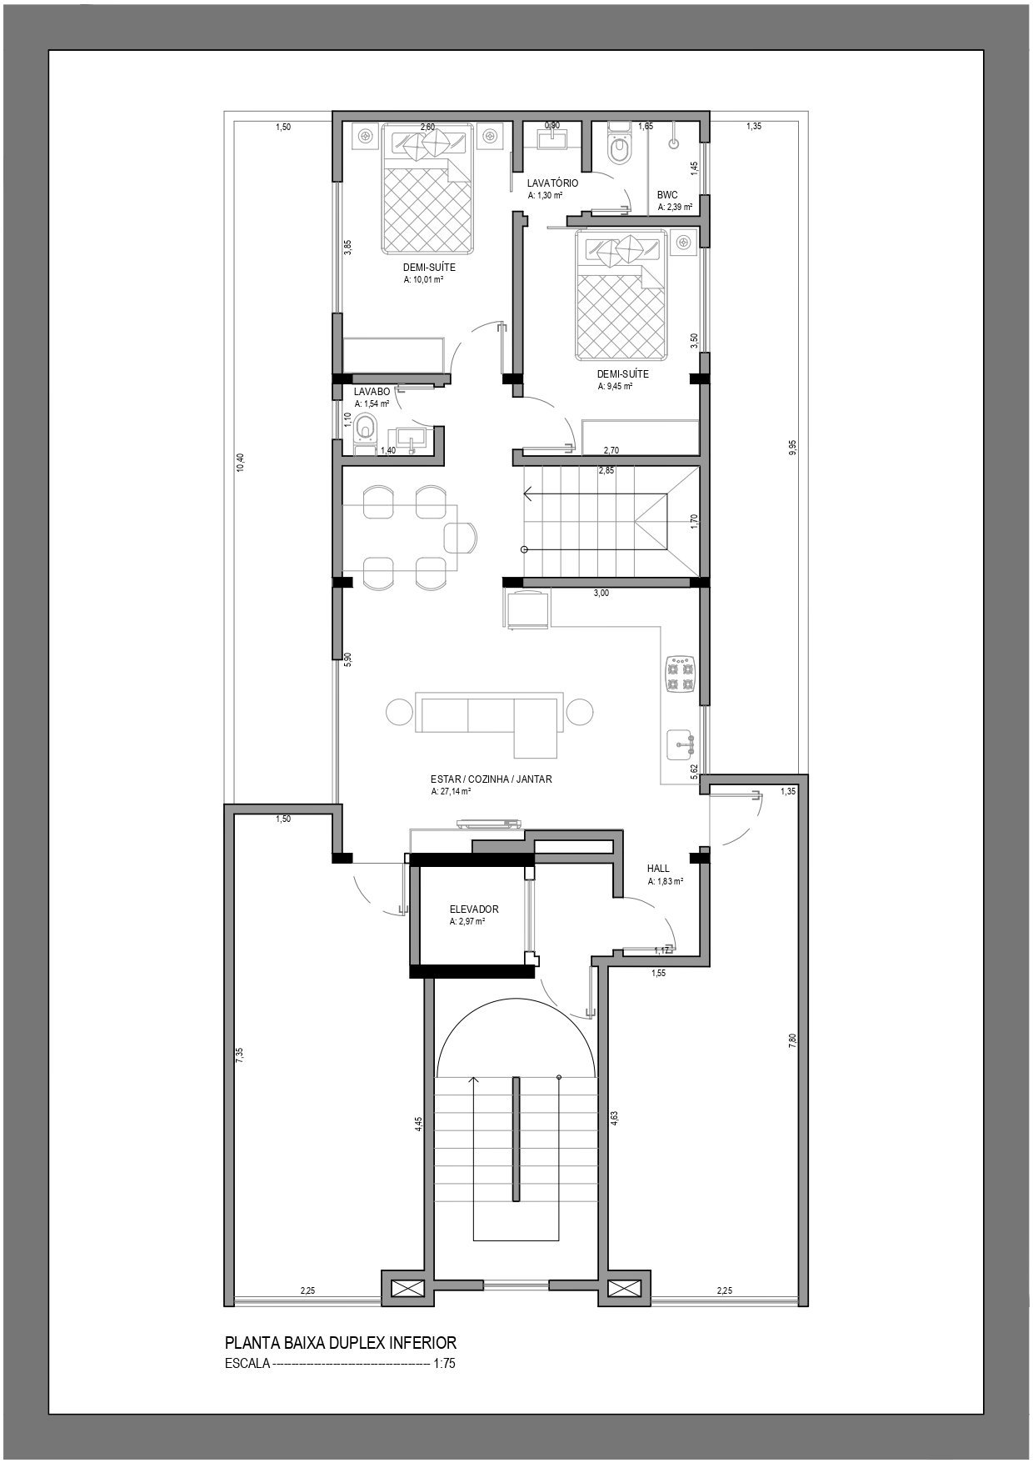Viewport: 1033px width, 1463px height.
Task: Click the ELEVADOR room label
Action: pos(474,909)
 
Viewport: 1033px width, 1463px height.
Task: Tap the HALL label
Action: pos(658,869)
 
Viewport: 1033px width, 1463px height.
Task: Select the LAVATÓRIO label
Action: pos(552,183)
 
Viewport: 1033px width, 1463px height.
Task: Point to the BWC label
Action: pos(667,195)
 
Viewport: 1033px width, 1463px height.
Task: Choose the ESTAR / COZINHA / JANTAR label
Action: pos(492,779)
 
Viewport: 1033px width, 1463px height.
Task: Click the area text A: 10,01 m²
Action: pos(422,280)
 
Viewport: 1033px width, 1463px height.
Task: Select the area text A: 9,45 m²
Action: pos(615,387)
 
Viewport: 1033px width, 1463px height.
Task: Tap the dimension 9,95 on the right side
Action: pos(792,448)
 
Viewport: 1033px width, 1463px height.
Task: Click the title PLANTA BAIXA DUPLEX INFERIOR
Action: pos(341,1343)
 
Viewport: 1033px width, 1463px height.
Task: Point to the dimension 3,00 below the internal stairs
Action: pos(601,594)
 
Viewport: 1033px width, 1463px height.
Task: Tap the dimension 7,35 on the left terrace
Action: pos(240,1054)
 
